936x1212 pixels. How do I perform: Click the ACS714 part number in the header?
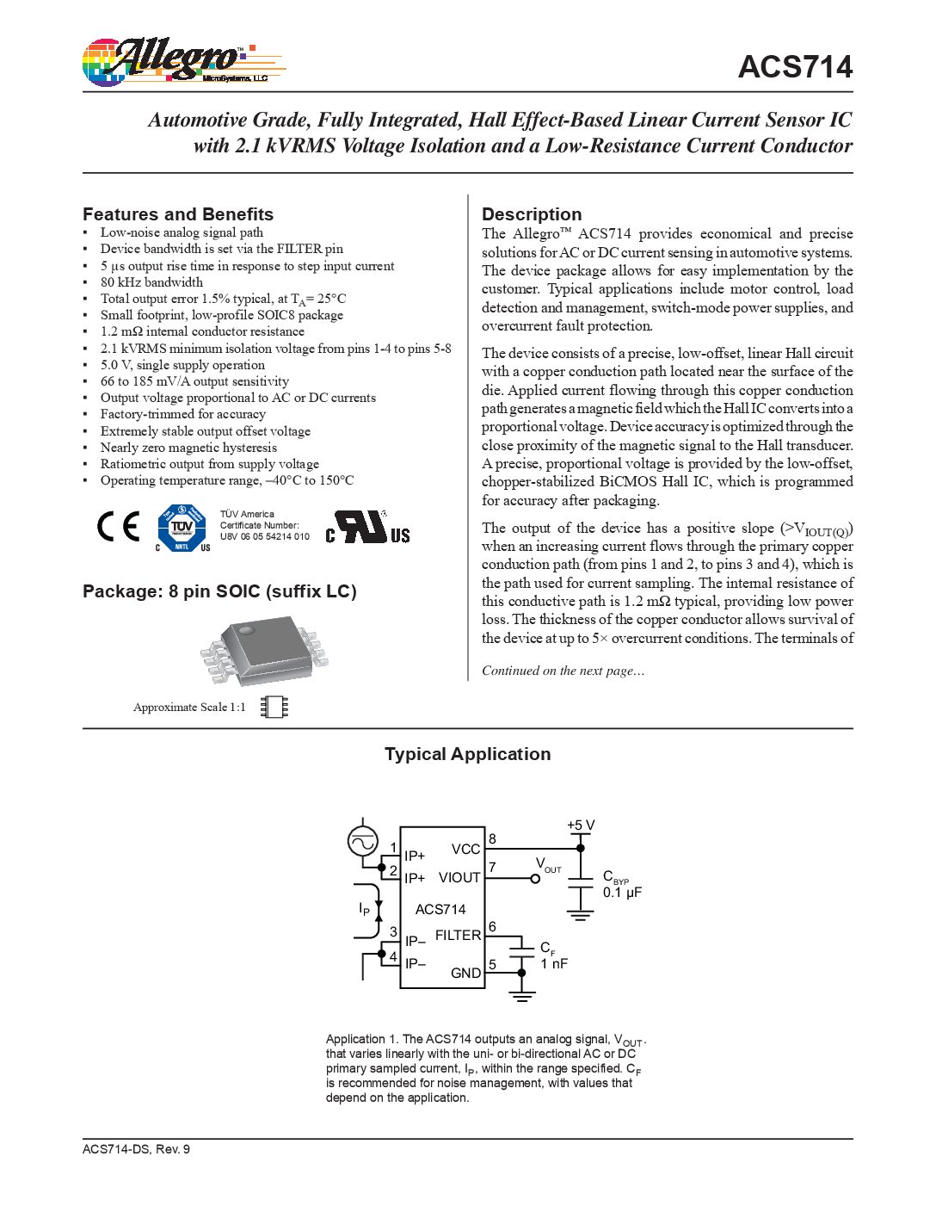pyautogui.click(x=795, y=67)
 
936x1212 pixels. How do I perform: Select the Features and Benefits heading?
pyautogui.click(x=178, y=214)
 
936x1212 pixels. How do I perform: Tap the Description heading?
pyautogui.click(x=532, y=214)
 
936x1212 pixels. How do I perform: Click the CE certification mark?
pyautogui.click(x=118, y=527)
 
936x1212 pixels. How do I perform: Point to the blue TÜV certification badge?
pyautogui.click(x=182, y=528)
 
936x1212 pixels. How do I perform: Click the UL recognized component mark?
pyautogui.click(x=367, y=527)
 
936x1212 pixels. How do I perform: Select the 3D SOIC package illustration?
pyautogui.click(x=263, y=650)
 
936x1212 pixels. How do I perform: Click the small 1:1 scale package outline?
pyautogui.click(x=274, y=707)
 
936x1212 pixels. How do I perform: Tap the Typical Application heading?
pyautogui.click(x=467, y=754)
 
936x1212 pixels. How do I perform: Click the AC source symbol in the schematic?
pyautogui.click(x=362, y=841)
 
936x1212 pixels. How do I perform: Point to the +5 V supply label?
pyautogui.click(x=581, y=826)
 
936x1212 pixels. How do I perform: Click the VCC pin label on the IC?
pyautogui.click(x=465, y=850)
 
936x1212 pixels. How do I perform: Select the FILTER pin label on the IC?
pyautogui.click(x=458, y=935)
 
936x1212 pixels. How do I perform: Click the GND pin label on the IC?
pyautogui.click(x=465, y=973)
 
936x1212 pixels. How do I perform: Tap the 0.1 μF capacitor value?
pyautogui.click(x=622, y=893)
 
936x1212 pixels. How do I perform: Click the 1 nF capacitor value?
pyautogui.click(x=554, y=963)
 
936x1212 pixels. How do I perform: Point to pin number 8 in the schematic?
pyautogui.click(x=492, y=839)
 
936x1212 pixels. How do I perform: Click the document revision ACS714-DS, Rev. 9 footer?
pyautogui.click(x=136, y=1149)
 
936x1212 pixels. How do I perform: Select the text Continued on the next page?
pyautogui.click(x=563, y=671)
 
